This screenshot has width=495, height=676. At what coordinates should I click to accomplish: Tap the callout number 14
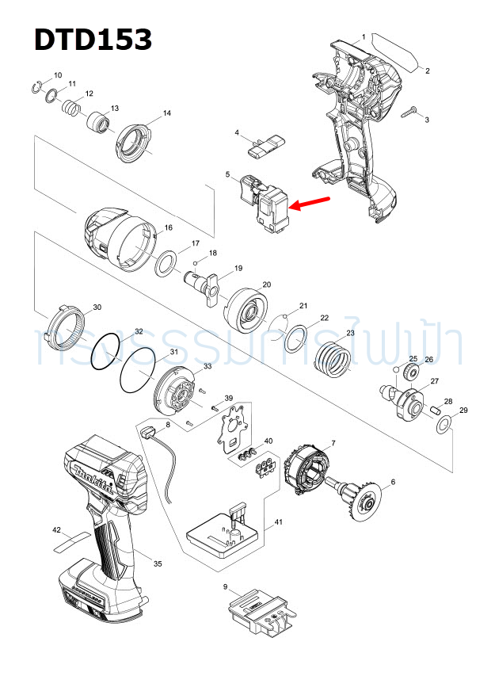(x=166, y=113)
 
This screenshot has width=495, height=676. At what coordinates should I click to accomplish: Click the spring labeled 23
(x=333, y=360)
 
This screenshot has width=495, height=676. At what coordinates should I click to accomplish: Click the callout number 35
(x=158, y=563)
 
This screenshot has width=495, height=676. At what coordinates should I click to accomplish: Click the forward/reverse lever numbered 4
(x=265, y=144)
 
